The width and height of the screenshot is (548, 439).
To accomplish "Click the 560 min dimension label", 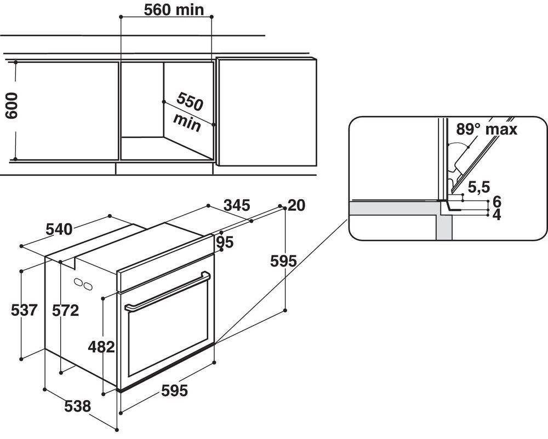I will point(165,9).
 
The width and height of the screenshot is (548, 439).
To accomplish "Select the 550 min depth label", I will point(187,113).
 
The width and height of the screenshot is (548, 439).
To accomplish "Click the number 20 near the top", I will point(296,206).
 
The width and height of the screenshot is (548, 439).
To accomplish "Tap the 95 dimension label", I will point(224,241).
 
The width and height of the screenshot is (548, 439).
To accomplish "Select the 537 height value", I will point(24,310).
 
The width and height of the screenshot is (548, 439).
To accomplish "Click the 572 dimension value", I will point(65,310).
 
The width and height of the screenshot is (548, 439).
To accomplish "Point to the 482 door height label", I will point(101,346).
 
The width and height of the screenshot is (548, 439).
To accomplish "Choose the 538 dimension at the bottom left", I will point(77,406).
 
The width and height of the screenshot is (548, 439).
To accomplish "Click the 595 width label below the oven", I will point(175,391).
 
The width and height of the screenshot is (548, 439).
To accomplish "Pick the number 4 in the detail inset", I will point(496,215).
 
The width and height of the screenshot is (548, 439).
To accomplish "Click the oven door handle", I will point(167,291).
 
